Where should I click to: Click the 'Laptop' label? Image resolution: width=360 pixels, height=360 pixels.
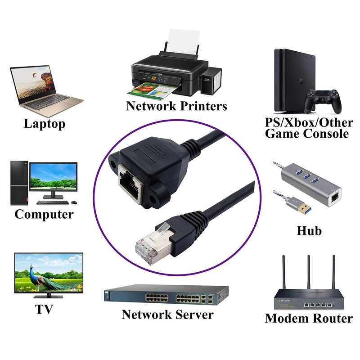point(44,124)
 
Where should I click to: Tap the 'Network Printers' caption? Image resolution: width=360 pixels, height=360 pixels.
point(176,106)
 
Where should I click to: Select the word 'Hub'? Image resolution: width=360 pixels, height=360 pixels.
point(309,231)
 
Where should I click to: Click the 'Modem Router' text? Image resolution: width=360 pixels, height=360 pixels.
point(309,318)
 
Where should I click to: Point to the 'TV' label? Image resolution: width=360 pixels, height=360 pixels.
point(44,309)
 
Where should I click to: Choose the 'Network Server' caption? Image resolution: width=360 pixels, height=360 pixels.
point(167,314)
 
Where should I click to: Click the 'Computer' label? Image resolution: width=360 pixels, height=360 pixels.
point(44,214)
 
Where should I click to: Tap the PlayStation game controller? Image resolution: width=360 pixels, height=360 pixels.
point(323,101)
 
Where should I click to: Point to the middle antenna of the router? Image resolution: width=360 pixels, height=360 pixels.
point(309,272)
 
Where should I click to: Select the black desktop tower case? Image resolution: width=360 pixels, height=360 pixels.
point(19,183)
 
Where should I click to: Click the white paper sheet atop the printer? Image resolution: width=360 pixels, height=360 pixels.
point(183,42)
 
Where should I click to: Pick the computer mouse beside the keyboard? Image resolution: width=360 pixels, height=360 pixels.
point(74,202)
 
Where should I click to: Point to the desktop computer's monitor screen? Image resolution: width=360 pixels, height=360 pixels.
point(53,177)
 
